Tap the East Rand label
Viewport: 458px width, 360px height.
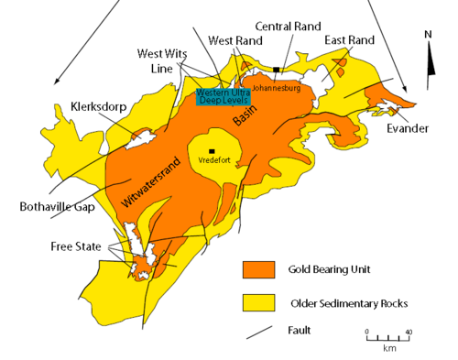click(349, 39)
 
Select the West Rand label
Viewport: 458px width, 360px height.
click(231, 40)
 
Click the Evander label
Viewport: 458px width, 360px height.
click(408, 128)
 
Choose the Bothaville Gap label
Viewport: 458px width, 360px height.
click(53, 206)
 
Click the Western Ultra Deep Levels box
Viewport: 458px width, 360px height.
click(222, 94)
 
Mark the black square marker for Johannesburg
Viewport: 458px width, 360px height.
click(275, 69)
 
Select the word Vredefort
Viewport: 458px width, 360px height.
click(212, 160)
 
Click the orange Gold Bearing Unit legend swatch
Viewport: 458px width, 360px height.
click(259, 269)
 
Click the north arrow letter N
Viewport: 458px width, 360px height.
click(427, 35)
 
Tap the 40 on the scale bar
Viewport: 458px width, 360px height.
click(407, 332)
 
